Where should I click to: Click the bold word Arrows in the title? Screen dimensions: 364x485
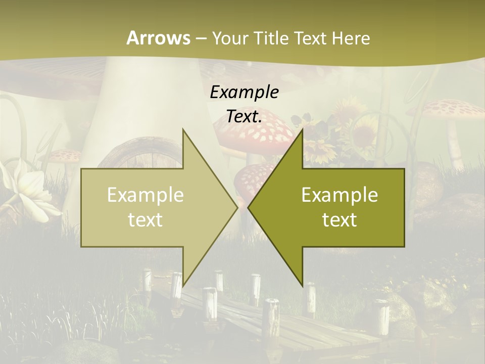158,38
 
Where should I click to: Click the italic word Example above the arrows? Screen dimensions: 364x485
244,93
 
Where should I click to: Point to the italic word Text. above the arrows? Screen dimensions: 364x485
244,117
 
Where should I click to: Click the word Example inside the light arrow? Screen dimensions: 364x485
145,195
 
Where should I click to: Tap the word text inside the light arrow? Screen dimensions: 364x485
145,219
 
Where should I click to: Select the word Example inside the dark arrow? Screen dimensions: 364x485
339,195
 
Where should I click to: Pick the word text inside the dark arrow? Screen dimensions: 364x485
339,219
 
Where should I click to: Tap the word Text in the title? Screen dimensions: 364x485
312,38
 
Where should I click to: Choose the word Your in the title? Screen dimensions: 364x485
230,38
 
